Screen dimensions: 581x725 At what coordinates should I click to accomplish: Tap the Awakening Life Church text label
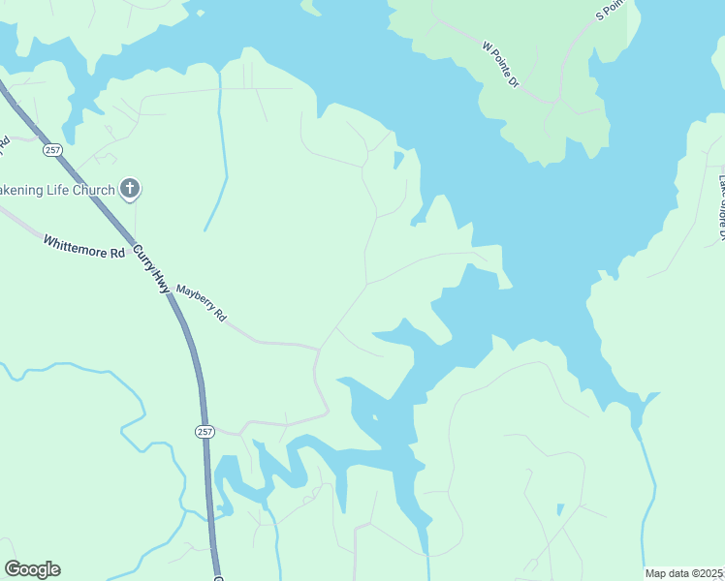(x=58, y=190)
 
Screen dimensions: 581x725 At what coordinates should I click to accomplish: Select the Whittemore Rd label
(x=84, y=246)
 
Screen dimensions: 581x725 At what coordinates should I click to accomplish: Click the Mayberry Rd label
(x=201, y=302)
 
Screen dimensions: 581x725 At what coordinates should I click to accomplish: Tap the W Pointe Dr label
(x=500, y=65)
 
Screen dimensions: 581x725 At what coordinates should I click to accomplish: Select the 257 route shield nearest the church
(x=52, y=150)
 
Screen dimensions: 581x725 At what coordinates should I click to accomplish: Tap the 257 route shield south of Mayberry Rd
(x=204, y=430)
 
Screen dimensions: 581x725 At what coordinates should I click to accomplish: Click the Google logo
(x=32, y=569)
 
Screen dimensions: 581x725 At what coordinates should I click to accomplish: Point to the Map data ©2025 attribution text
(x=683, y=573)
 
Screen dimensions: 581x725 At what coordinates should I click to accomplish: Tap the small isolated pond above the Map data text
(x=560, y=509)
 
